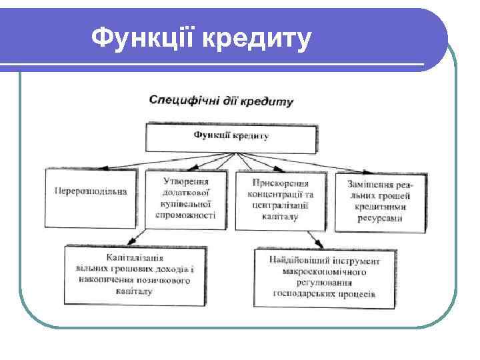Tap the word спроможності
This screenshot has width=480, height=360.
(185, 215)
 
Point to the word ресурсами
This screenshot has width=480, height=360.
(381, 217)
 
